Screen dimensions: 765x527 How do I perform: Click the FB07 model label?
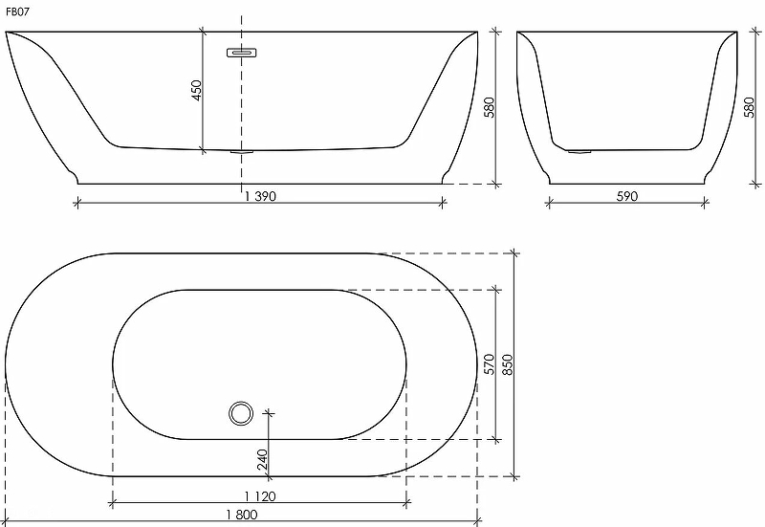[x=17, y=12]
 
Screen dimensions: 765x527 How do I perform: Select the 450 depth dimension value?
[x=196, y=90]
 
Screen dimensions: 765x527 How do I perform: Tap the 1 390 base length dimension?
[x=260, y=196]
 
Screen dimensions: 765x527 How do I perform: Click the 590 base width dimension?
[x=627, y=196]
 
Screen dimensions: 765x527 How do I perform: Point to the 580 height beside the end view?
[x=749, y=107]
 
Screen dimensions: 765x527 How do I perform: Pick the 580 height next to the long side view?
[x=489, y=107]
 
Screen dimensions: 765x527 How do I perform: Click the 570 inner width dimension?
[x=490, y=364]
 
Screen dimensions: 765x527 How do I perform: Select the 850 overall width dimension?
[x=508, y=364]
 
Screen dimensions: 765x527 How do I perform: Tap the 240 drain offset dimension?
[x=262, y=460]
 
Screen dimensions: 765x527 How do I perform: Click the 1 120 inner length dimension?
[x=260, y=496]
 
